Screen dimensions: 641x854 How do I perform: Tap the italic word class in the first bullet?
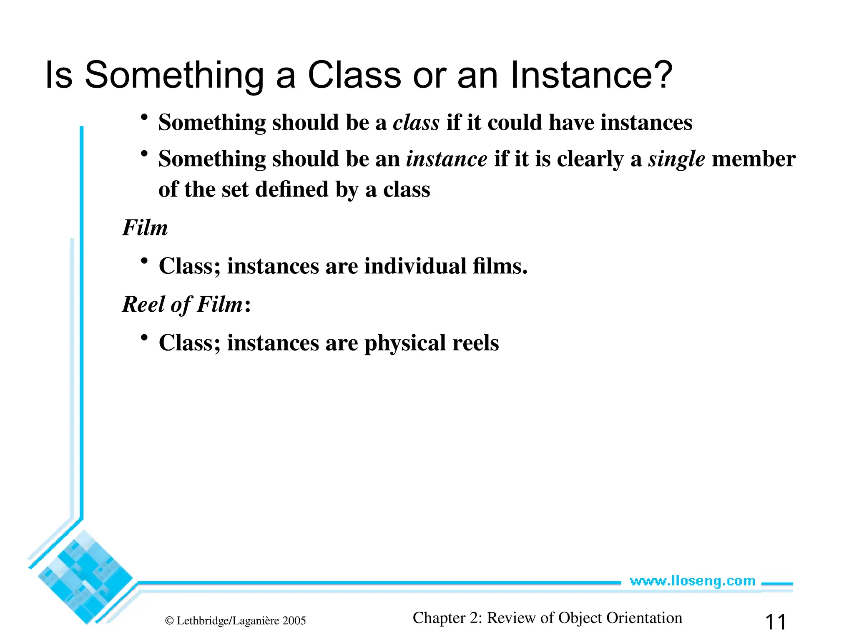point(416,123)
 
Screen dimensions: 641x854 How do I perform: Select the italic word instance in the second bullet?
point(447,159)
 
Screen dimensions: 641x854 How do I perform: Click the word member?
point(754,159)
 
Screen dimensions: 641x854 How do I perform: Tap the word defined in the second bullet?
point(292,189)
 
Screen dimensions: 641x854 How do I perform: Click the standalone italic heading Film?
point(145,228)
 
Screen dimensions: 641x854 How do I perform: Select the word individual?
point(415,266)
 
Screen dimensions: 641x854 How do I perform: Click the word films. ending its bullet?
point(500,266)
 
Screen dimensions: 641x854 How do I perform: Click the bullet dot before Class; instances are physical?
point(144,337)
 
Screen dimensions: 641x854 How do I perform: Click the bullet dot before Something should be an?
point(144,154)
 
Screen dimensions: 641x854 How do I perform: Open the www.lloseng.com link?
point(692,581)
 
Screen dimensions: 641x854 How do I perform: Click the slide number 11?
point(776,622)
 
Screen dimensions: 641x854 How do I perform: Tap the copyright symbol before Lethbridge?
point(169,621)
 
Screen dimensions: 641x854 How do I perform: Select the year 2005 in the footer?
point(294,621)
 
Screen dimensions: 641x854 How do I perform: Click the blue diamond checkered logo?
point(85,577)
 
